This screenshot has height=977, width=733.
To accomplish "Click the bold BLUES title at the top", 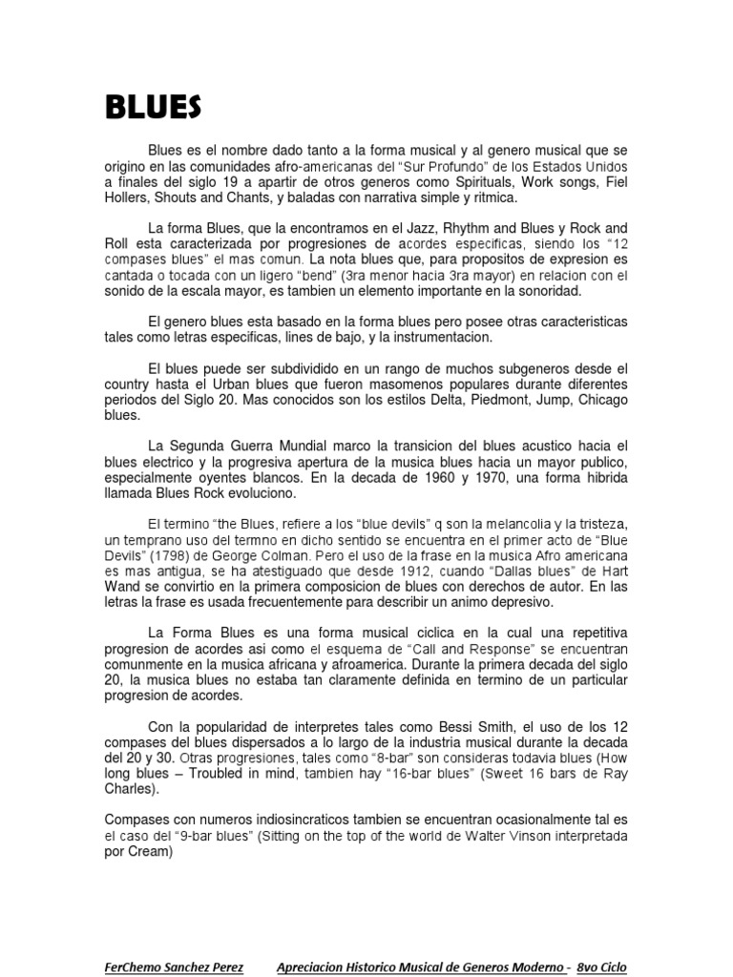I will pos(153,107).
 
